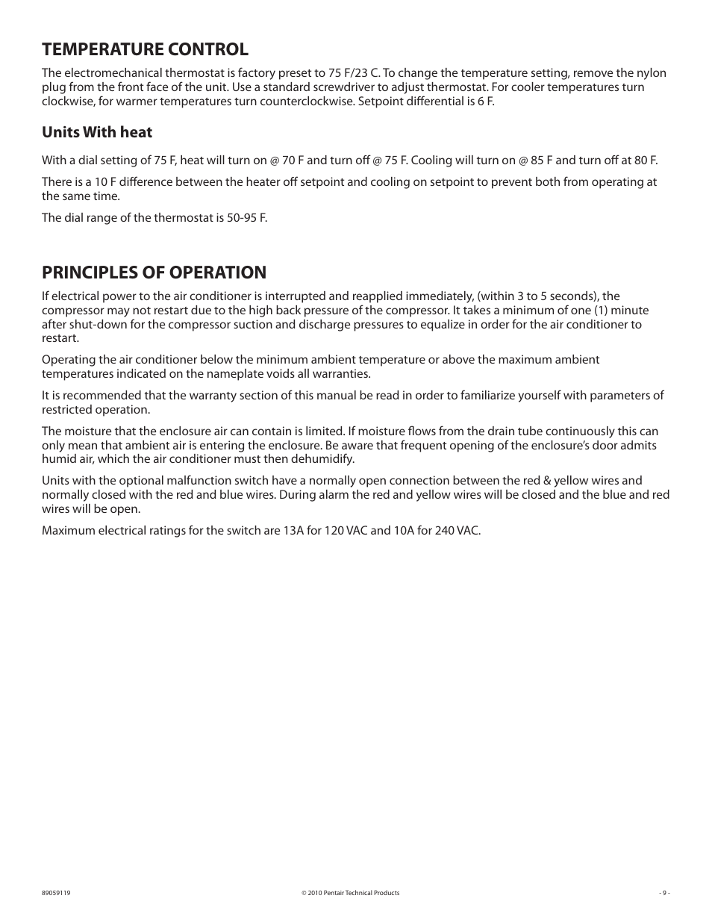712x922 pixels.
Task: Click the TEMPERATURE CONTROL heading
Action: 145,49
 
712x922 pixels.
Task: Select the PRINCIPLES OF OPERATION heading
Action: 154,272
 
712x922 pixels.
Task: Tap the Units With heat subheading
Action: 97,132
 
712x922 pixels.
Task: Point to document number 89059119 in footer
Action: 56,893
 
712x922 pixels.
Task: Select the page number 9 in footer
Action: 664,893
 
